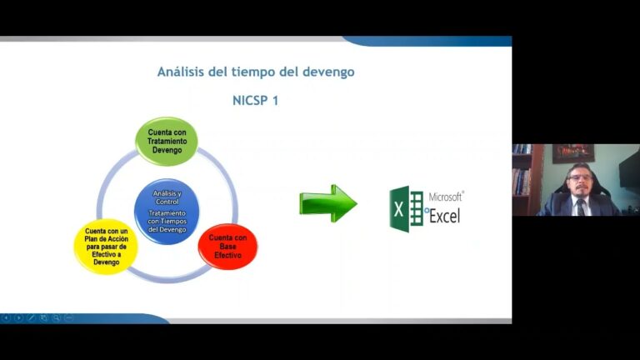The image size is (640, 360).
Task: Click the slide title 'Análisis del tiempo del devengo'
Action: tap(256, 72)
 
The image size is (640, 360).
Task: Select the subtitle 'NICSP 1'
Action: tap(257, 100)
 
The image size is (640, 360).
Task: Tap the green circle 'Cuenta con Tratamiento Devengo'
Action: tap(166, 141)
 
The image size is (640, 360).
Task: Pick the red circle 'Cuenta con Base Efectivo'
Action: tap(227, 247)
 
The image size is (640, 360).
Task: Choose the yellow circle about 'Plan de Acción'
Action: tap(106, 247)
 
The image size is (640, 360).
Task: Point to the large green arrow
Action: tap(327, 203)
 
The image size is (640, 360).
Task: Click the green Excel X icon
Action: tap(406, 207)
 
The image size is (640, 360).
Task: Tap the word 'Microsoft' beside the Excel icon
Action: tap(446, 197)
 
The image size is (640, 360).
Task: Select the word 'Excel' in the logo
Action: tap(444, 216)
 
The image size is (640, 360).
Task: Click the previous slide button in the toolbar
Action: tap(7, 317)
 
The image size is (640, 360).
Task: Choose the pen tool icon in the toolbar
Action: tap(32, 317)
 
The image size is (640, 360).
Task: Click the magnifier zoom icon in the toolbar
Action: tap(56, 317)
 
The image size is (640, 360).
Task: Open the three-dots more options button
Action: tap(68, 317)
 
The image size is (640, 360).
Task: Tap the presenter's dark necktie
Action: tap(582, 206)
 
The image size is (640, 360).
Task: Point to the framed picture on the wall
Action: tap(572, 153)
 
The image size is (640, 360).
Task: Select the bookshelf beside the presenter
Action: tap(521, 179)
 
